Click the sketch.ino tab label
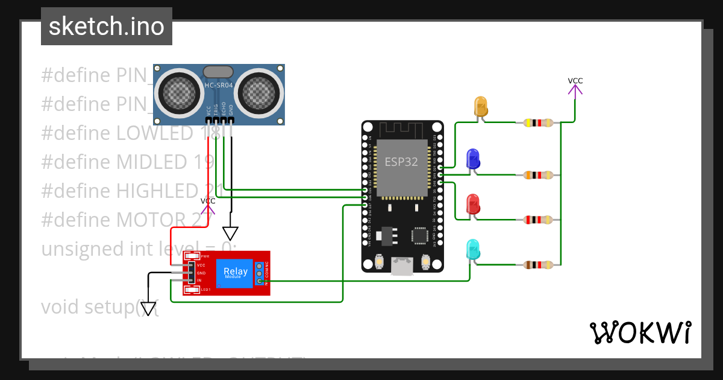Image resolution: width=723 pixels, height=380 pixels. [106, 27]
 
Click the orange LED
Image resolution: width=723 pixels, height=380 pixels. [481, 107]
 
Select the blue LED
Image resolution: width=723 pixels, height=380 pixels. [474, 159]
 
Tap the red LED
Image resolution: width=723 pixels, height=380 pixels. [474, 204]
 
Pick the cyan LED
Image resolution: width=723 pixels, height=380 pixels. [474, 250]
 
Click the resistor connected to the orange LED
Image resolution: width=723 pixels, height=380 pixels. [537, 123]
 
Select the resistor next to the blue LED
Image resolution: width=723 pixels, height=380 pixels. [537, 175]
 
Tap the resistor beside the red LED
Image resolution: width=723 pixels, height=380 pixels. [537, 220]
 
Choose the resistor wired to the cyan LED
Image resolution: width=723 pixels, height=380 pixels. [537, 264]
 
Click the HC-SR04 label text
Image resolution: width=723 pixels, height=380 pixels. [219, 85]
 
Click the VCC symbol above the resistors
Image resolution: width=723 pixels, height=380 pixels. [575, 88]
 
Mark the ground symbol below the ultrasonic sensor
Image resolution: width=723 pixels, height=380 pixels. [230, 233]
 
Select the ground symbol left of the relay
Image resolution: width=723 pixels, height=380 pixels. [147, 308]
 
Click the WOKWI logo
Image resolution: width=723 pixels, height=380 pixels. [640, 332]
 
